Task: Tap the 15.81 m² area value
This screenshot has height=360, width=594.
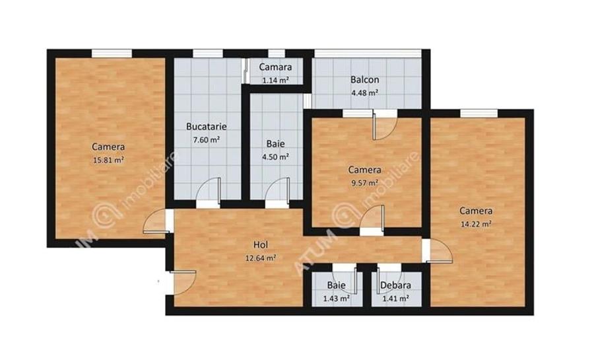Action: click(108, 160)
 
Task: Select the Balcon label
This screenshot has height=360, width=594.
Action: click(364, 80)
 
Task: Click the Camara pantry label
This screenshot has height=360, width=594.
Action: click(276, 67)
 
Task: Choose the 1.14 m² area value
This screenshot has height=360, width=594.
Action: click(276, 81)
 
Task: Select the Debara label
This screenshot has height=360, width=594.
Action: click(395, 286)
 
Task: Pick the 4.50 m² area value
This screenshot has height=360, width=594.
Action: click(276, 157)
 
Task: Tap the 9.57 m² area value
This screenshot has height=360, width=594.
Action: click(364, 183)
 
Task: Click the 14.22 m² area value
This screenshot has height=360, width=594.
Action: click(475, 224)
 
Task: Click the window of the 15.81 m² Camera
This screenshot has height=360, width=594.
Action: click(110, 54)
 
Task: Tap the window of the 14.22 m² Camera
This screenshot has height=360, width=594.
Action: click(478, 113)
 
